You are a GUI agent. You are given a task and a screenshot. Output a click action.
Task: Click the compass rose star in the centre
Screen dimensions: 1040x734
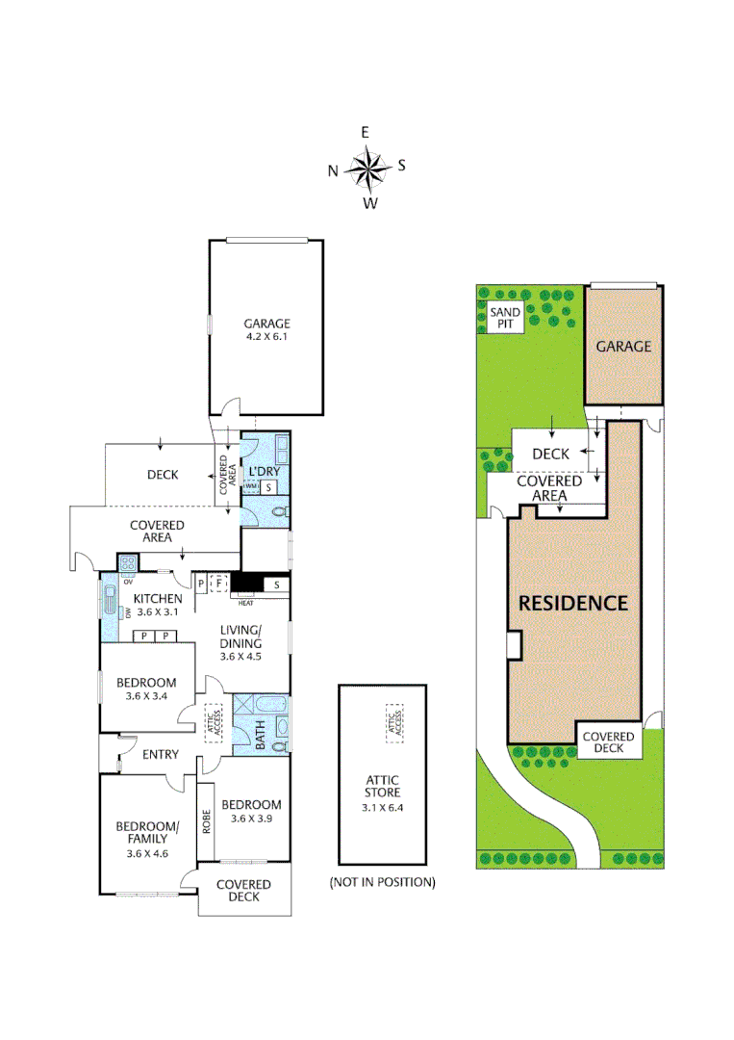(367, 169)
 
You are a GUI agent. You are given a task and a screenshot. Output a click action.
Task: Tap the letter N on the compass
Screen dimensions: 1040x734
(333, 171)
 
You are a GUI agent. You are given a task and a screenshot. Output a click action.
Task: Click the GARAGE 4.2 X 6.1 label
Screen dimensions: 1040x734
(266, 330)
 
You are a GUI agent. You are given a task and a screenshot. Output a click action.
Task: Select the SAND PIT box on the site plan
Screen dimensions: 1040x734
(505, 319)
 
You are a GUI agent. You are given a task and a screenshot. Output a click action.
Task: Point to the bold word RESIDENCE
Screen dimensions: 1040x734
(573, 604)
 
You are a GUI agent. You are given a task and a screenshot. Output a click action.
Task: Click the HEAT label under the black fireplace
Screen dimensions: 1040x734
(246, 602)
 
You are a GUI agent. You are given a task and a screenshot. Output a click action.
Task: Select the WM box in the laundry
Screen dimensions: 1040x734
(250, 487)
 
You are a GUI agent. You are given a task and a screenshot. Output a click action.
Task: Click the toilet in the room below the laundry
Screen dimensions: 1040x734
(277, 513)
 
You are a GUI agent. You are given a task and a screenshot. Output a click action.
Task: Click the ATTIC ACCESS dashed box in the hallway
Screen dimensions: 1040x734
(213, 721)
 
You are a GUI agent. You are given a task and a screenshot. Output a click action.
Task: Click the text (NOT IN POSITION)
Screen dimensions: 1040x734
(382, 882)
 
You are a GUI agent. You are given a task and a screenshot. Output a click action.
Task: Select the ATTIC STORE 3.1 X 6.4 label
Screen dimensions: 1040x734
(382, 786)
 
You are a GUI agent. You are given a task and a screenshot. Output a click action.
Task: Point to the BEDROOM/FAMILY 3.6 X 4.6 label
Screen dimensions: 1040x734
(146, 833)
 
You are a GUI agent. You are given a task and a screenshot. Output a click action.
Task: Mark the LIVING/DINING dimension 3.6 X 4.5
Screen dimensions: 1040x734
(240, 656)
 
